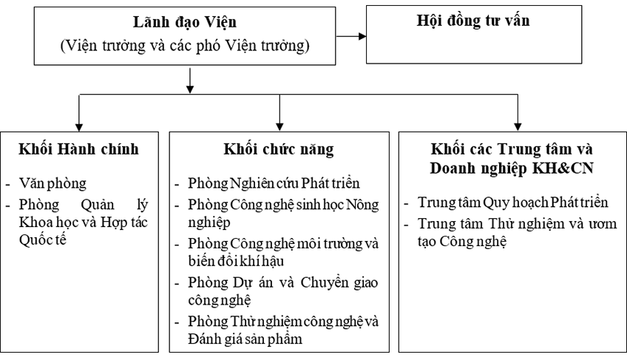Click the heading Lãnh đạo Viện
tap(186, 25)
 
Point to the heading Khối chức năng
tap(279, 149)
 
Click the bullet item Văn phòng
tap(55, 181)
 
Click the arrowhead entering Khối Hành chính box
tap(79, 123)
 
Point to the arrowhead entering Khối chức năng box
tap(279, 123)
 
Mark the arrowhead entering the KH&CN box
tap(517, 123)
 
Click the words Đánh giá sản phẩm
tap(248, 339)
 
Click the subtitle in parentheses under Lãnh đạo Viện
tap(185, 46)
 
